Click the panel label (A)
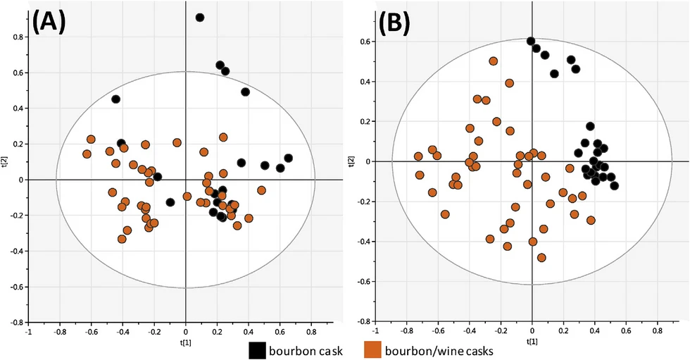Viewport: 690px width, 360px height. (49, 23)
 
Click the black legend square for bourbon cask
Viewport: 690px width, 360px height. (258, 350)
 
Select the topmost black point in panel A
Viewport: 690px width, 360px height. (200, 18)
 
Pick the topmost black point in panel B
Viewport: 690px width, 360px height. (531, 41)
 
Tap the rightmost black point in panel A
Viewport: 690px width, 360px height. (288, 158)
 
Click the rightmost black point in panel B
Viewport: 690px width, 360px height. (615, 186)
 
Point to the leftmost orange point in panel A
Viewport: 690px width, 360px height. (87, 154)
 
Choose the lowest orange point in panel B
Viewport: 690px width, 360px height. (541, 258)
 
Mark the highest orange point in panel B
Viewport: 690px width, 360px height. (494, 61)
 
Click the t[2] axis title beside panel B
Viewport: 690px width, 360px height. (351, 161)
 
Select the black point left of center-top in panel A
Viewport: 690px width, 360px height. (116, 99)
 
